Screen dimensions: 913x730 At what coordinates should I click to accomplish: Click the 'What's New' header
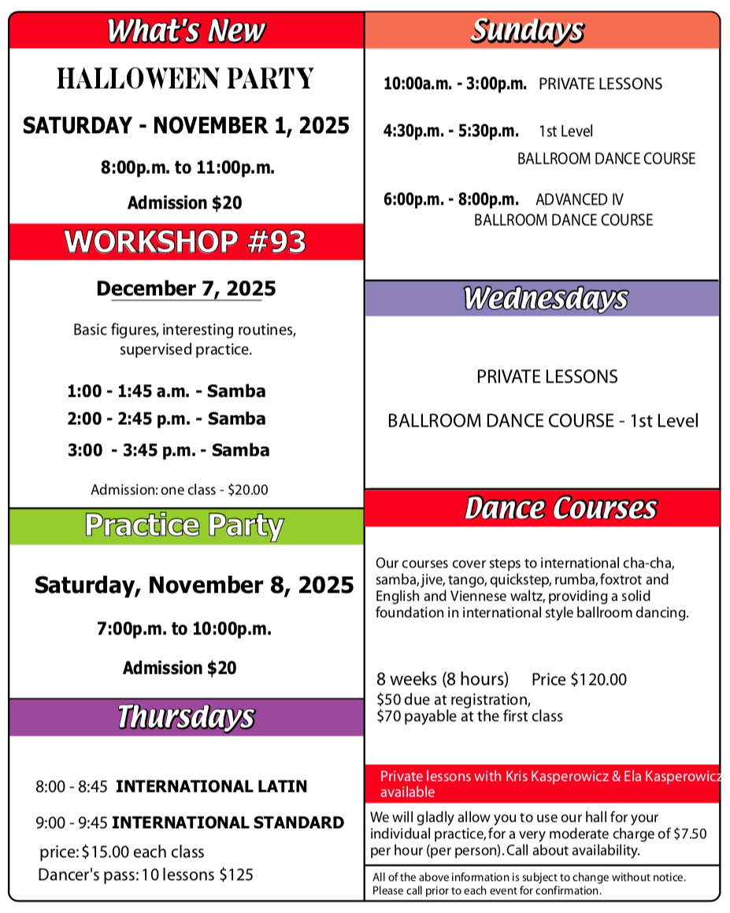tap(186, 31)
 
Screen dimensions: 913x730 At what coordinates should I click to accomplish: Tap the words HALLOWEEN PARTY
tap(186, 79)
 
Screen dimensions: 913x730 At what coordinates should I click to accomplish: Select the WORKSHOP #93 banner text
tap(186, 242)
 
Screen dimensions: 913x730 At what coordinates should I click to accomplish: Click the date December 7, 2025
tap(186, 289)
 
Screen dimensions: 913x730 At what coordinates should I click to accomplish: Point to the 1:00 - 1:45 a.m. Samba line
tap(166, 391)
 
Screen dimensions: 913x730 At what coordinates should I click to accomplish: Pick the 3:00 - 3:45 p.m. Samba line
tap(169, 450)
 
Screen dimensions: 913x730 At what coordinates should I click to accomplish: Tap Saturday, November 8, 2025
tap(194, 586)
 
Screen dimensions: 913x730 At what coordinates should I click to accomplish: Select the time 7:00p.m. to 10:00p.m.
tap(184, 629)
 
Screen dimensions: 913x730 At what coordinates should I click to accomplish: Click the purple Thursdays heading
tap(186, 717)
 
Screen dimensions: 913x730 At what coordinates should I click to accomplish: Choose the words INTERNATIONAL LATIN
tap(212, 786)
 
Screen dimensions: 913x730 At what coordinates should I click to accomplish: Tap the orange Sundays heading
tap(528, 31)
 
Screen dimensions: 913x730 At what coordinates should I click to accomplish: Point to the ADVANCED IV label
tap(580, 200)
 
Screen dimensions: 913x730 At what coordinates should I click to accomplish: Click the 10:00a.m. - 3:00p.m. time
tap(454, 84)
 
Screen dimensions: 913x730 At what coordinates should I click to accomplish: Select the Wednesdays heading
tap(545, 299)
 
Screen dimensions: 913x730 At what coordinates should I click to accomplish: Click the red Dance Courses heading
tap(560, 508)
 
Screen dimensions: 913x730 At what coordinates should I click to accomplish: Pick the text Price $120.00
tap(579, 679)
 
